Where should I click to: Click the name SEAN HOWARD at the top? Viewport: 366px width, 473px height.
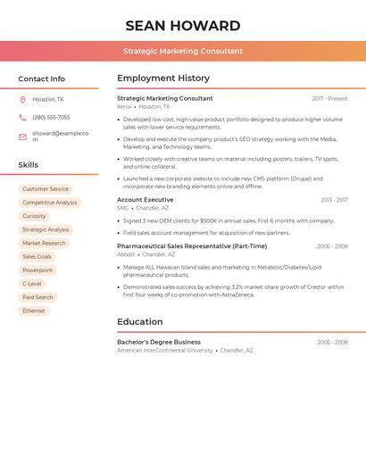pos(183,26)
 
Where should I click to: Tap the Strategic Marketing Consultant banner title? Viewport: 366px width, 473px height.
pos(183,51)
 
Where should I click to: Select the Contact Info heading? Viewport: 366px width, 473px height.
pos(41,79)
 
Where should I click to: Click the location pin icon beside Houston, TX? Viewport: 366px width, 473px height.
pos(22,100)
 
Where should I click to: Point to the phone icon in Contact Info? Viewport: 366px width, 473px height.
pos(22,117)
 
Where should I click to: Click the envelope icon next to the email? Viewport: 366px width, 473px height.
pos(22,137)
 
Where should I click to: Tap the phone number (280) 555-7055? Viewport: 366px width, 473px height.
pos(51,117)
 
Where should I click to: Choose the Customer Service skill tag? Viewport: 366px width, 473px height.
pos(46,189)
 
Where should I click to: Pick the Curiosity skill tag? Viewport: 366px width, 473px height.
pos(34,216)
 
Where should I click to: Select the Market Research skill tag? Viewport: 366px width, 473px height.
pos(44,243)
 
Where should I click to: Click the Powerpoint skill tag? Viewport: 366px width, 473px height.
pos(37,270)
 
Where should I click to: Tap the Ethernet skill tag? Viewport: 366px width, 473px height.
pos(34,311)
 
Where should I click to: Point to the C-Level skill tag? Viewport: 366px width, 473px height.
pos(32,284)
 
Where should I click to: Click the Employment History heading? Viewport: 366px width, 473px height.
pos(162,79)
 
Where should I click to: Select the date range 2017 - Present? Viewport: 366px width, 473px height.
pos(329,98)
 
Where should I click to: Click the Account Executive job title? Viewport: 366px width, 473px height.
pos(145,200)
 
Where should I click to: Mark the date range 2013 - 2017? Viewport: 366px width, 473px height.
pos(334,200)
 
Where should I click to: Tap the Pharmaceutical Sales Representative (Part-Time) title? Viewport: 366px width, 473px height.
pos(191,246)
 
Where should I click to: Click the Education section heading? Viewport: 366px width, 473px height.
pos(139,321)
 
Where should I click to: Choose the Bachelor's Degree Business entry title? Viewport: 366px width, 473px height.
pos(158,342)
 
